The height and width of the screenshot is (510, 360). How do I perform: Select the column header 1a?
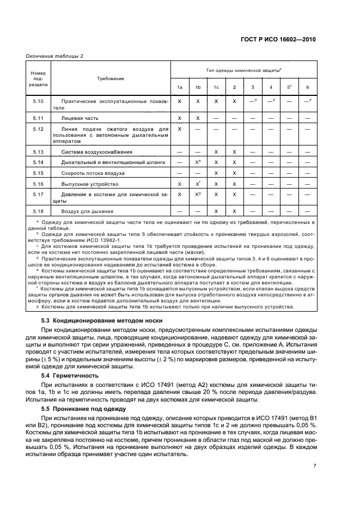(179, 88)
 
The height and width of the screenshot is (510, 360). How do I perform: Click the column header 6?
(307, 88)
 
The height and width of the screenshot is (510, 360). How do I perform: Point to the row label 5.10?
(38, 101)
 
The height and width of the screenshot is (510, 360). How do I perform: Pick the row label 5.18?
(38, 211)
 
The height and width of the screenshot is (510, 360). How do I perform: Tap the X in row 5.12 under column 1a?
(179, 129)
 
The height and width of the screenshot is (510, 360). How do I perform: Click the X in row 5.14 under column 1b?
(198, 162)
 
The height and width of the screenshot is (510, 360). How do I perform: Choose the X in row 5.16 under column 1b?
(198, 184)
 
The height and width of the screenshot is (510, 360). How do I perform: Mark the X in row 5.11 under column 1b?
(198, 118)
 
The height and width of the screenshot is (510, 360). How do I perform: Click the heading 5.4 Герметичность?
(70, 375)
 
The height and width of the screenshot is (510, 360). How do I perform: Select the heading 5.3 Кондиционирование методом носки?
(102, 320)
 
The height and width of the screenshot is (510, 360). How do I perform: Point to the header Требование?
(111, 78)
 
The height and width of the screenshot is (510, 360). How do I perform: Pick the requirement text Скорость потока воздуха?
(93, 173)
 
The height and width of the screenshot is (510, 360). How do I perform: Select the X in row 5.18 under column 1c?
(216, 211)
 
